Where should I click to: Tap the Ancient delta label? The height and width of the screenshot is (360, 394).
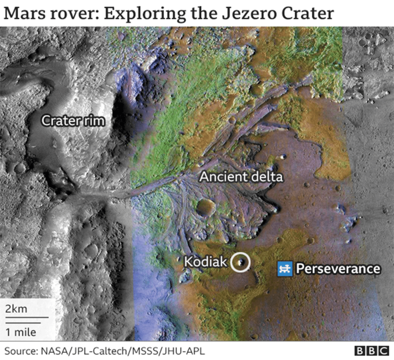click(241, 177)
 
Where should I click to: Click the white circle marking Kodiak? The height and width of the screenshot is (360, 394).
click(240, 262)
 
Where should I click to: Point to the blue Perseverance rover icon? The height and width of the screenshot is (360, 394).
click(285, 269)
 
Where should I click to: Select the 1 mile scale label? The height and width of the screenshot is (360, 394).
click(20, 331)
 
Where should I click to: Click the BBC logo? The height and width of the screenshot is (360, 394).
click(371, 351)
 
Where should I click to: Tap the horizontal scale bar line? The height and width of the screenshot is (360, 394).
click(26, 318)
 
